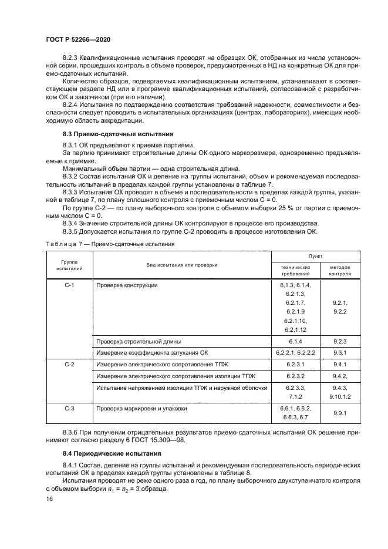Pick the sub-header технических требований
click(295, 270)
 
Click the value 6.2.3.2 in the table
click(295, 376)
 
